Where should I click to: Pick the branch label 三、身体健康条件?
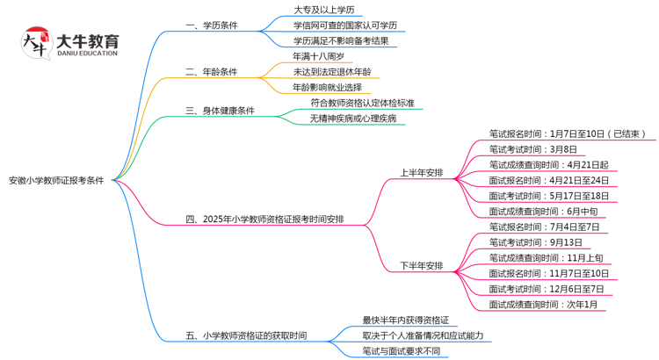tap(220, 111)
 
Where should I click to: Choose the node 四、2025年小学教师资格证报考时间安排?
tap(265, 219)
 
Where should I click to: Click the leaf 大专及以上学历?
tap(324, 10)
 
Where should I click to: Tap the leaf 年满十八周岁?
tap(318, 56)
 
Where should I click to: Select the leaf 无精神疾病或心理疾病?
tap(353, 119)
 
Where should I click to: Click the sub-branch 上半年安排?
tap(422, 172)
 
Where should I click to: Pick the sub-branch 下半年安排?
tap(422, 265)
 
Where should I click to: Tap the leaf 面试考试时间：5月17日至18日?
tap(549, 196)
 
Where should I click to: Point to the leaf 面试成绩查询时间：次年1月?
tap(543, 304)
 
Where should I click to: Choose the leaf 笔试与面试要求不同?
tap(401, 351)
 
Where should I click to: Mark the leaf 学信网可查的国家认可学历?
tap(345, 25)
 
